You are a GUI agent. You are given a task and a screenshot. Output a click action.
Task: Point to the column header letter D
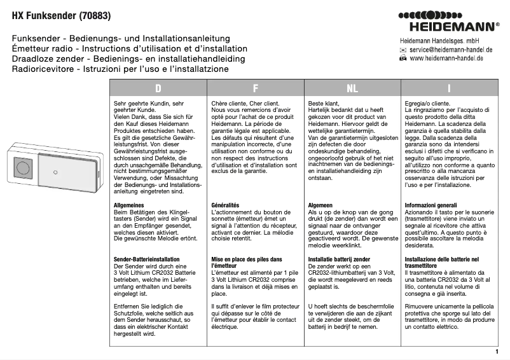coord(158,88)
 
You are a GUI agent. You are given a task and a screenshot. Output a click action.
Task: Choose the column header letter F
coord(255,88)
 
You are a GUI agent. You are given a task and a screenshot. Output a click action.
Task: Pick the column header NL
coord(352,88)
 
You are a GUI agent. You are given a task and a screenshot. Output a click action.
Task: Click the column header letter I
coord(449,88)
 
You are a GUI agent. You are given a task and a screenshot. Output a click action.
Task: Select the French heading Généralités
coord(225,205)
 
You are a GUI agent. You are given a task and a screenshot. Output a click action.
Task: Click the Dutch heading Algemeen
coord(321,205)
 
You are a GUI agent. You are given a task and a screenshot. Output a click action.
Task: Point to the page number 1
coord(496,351)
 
